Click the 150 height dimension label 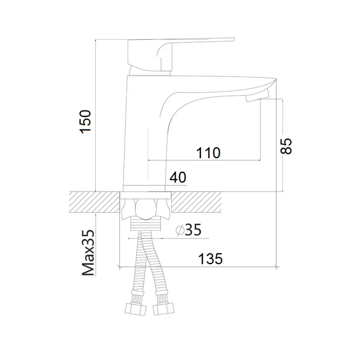click(85, 122)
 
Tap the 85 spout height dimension click(286, 146)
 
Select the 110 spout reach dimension click(208, 153)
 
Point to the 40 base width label click(178, 177)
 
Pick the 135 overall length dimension click(210, 258)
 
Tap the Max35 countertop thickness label click(89, 253)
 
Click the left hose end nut click(136, 310)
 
